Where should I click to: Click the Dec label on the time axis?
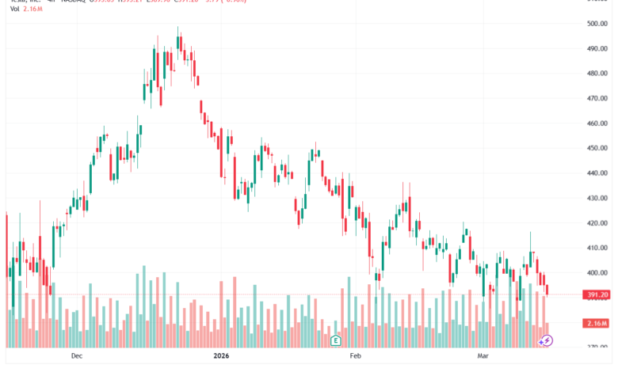click(76, 356)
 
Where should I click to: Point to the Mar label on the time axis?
click(484, 356)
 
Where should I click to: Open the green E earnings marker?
click(336, 340)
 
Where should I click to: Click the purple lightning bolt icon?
click(546, 340)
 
